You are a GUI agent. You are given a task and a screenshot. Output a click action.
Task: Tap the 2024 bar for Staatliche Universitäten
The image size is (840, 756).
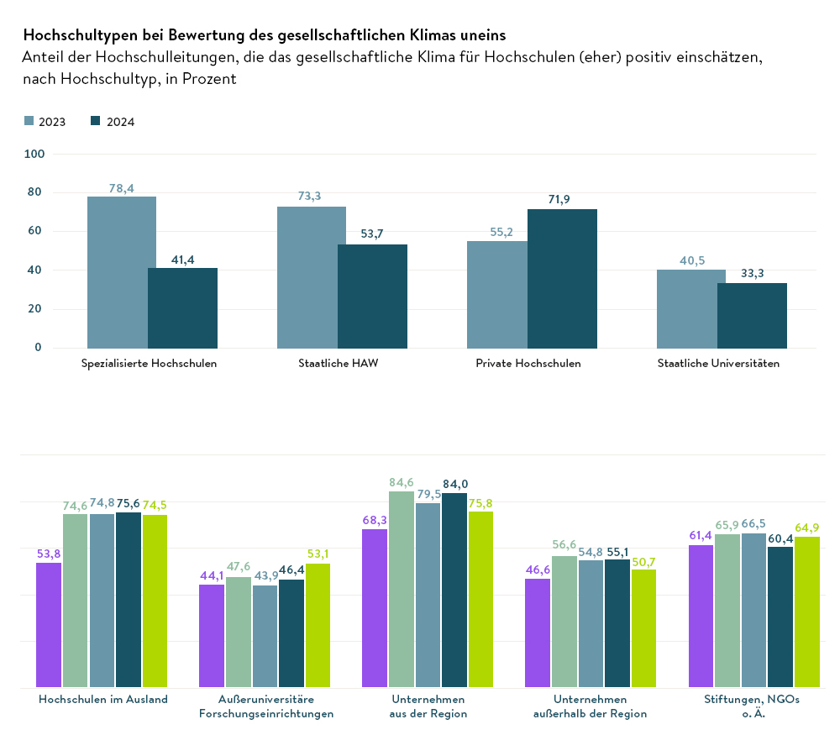pos(752,315)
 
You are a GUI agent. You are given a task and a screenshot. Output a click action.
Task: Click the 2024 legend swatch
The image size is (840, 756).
pos(96,121)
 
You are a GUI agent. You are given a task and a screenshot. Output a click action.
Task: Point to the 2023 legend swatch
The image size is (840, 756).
pos(29,121)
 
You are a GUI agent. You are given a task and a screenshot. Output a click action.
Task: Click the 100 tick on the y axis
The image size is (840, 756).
pos(35,154)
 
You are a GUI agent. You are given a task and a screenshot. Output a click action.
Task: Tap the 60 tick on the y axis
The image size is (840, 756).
pos(37,231)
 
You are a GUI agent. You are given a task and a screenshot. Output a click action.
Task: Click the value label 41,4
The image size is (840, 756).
pos(182,260)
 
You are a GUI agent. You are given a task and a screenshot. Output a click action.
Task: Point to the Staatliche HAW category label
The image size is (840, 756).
pos(338,364)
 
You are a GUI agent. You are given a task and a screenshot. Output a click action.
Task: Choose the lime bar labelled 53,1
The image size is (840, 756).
pos(318,625)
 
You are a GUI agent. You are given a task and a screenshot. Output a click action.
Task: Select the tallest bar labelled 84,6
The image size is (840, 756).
pos(402,589)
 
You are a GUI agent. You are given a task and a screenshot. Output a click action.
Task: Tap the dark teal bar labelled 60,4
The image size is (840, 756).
pos(780,617)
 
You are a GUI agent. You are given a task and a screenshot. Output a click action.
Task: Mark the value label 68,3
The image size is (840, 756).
pos(375,520)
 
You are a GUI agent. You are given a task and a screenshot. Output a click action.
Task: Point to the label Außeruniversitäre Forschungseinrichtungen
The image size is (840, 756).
pos(265,706)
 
